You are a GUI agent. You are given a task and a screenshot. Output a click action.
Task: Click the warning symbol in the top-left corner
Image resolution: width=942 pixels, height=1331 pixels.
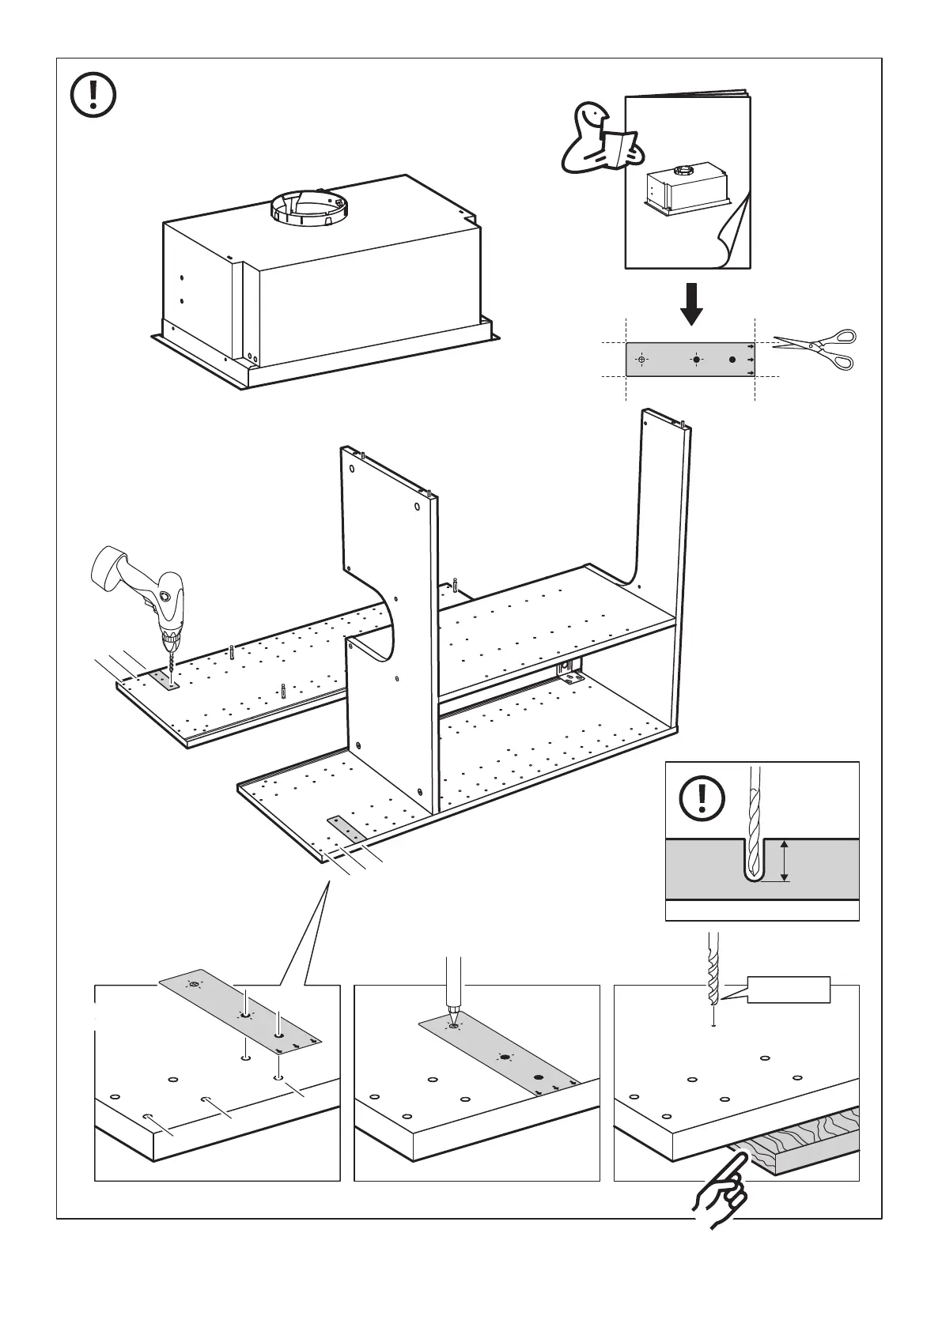point(93,96)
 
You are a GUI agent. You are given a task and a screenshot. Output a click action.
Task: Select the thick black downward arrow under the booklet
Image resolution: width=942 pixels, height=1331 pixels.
point(692,304)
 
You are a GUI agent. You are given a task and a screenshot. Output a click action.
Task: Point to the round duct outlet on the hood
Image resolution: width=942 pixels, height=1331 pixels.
point(309,207)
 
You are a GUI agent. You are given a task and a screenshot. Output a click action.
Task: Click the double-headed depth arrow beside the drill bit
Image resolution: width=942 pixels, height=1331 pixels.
point(784,862)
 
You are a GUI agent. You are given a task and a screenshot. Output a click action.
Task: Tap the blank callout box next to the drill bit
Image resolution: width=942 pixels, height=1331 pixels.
point(789,990)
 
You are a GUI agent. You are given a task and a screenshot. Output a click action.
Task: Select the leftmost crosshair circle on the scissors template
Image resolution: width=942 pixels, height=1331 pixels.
point(641,360)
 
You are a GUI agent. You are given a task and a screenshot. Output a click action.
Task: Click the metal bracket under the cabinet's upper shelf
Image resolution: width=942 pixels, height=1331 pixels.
point(568,671)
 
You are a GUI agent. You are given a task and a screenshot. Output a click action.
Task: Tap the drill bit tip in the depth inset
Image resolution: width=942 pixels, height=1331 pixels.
point(754,874)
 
